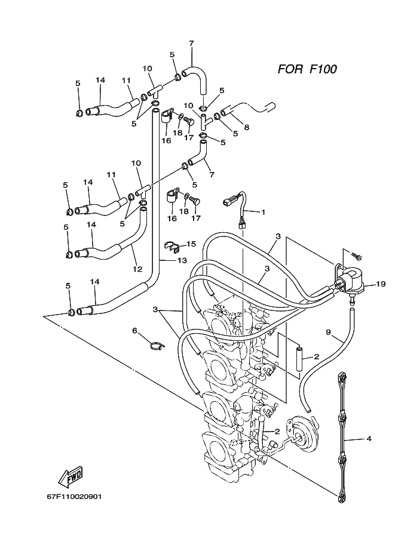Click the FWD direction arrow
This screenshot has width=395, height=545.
pyautogui.click(x=71, y=477)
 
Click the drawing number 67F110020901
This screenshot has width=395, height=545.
pyautogui.click(x=74, y=497)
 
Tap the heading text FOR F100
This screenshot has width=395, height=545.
pyautogui.click(x=307, y=69)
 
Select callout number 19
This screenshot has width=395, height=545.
pyautogui.click(x=381, y=284)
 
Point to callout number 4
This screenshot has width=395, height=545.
pyautogui.click(x=369, y=439)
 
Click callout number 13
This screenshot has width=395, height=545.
pyautogui.click(x=182, y=260)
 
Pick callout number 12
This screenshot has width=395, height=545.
pyautogui.click(x=137, y=269)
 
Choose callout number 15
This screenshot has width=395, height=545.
pyautogui.click(x=191, y=244)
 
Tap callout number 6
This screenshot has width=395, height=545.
pyautogui.click(x=134, y=331)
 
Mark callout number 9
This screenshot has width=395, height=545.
pyautogui.click(x=328, y=332)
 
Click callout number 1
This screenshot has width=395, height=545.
pyautogui.click(x=263, y=212)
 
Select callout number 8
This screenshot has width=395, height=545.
pyautogui.click(x=246, y=128)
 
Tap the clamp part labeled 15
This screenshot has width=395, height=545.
pyautogui.click(x=172, y=245)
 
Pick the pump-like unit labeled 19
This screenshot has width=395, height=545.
pyautogui.click(x=349, y=282)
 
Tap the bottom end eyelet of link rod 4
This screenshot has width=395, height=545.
pyautogui.click(x=341, y=496)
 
